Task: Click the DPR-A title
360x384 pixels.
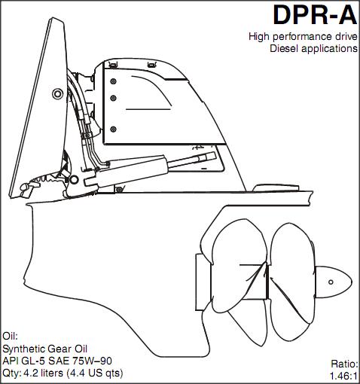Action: [315, 16]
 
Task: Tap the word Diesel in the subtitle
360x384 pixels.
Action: [284, 48]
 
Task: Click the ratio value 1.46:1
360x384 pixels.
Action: [343, 376]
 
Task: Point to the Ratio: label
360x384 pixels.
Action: [344, 364]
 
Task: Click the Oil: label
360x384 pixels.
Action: [10, 336]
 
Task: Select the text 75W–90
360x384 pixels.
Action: [92, 361]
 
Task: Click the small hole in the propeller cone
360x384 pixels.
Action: [331, 282]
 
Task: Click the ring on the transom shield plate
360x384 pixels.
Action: [57, 94]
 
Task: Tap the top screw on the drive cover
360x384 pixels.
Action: [114, 81]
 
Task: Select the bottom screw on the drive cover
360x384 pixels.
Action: [114, 130]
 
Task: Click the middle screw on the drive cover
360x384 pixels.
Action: [114, 98]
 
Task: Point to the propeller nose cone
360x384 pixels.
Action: [333, 282]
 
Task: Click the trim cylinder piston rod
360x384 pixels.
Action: [191, 160]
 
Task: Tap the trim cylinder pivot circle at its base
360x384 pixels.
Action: [74, 180]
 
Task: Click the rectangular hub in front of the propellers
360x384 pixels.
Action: [203, 282]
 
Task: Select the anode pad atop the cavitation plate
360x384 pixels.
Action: [276, 188]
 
